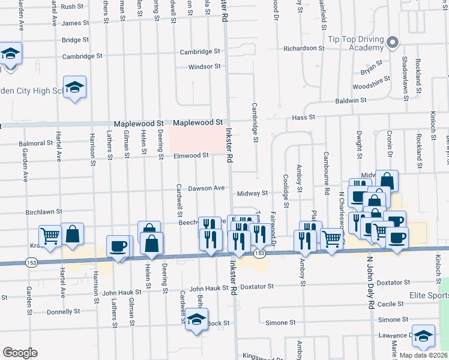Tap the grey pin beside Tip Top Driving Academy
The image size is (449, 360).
(x=393, y=43)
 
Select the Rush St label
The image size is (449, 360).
(x=72, y=7)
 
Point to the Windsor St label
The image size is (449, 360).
(x=204, y=67)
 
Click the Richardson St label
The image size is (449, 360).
(x=304, y=48)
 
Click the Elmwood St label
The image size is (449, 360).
(x=191, y=155)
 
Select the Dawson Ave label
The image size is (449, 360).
(x=206, y=188)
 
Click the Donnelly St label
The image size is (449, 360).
(x=64, y=311)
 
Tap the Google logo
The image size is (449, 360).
(x=20, y=353)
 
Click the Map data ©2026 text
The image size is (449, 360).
(x=423, y=355)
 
